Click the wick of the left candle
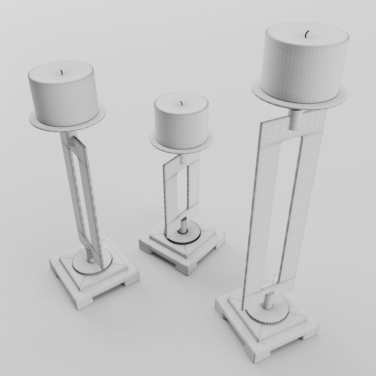tap(62, 73)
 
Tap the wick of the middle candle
tap(181, 103)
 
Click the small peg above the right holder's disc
tap(269, 301)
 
